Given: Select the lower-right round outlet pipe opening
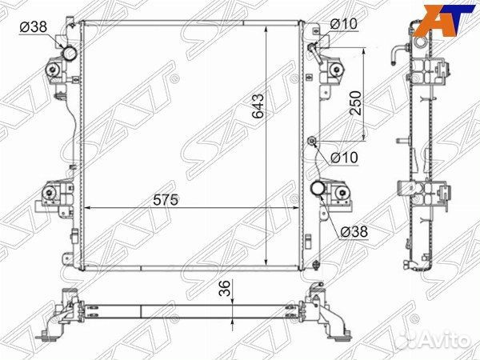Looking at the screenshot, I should click(318, 189).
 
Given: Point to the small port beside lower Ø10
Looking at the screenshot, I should click(312, 142).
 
